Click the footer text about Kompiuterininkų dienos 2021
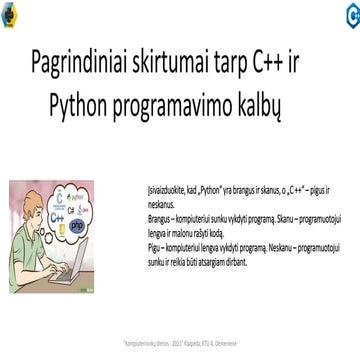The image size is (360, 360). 180,341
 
